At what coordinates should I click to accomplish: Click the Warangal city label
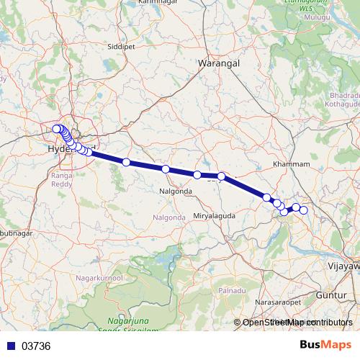[x=218, y=63]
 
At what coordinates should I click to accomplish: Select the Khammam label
[x=292, y=164]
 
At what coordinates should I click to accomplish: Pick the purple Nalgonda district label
[x=170, y=217]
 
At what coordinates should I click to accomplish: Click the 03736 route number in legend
[x=36, y=346]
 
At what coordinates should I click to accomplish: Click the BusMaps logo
[x=325, y=345]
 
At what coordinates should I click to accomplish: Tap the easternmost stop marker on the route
[x=304, y=210]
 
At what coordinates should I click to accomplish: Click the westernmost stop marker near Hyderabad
[x=56, y=130]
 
